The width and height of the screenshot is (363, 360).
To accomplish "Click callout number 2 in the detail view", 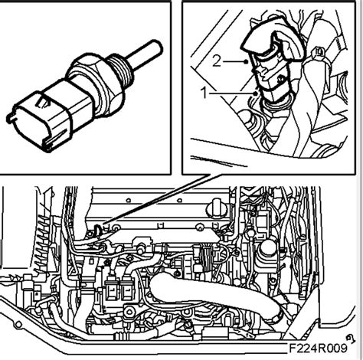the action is click(x=217, y=61).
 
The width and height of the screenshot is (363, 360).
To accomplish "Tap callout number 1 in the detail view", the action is click(x=204, y=93).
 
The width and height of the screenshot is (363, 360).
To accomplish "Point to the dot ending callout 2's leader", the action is click(x=246, y=61).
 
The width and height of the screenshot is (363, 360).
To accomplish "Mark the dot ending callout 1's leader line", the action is click(x=255, y=93).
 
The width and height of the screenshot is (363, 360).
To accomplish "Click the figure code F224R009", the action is click(x=318, y=348).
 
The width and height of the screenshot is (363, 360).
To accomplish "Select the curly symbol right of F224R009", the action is click(x=352, y=339).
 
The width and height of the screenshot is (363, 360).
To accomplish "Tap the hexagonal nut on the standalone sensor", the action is click(x=95, y=84).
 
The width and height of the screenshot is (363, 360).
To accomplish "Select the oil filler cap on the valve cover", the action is click(x=217, y=208).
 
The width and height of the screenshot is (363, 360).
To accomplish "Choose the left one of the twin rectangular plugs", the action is click(x=113, y=289).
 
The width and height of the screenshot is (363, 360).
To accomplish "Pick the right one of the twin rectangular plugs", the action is click(x=127, y=289).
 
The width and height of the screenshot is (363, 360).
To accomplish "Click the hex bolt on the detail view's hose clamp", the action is click(x=317, y=52).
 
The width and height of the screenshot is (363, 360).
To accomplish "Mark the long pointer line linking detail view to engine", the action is click(x=159, y=199).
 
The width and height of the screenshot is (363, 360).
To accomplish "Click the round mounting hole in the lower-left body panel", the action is click(x=18, y=325).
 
